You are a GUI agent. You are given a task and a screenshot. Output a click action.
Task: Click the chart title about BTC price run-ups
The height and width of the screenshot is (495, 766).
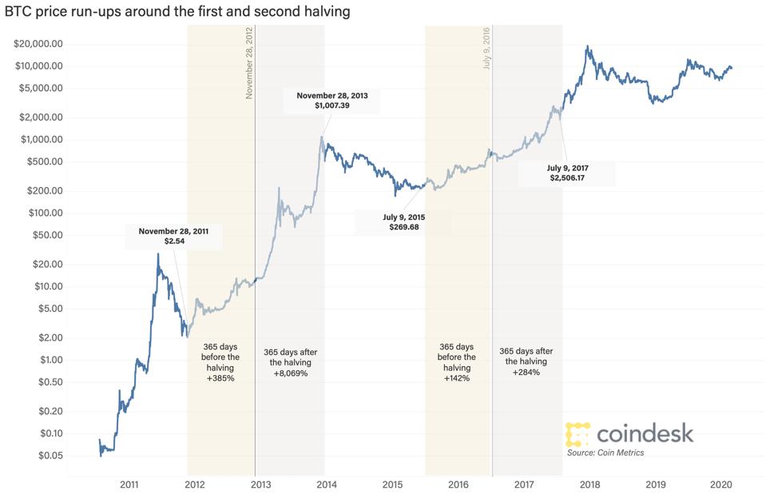(177, 12)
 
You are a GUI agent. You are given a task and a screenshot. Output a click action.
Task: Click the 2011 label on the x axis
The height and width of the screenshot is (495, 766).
(129, 485)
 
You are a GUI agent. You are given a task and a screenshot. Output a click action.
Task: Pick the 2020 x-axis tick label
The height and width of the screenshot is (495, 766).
(721, 485)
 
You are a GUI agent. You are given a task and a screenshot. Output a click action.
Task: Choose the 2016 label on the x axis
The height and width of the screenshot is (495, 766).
(458, 485)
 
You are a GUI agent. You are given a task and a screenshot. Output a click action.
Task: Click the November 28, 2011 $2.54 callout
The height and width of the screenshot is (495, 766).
(173, 237)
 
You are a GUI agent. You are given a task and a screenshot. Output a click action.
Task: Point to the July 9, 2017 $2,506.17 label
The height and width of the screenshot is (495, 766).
(568, 173)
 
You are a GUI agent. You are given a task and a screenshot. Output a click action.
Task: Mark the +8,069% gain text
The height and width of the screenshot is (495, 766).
(289, 373)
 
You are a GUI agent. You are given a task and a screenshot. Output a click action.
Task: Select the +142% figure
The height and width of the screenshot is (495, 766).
(457, 378)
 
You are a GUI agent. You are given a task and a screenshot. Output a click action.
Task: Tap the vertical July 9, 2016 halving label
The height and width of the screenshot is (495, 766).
(486, 48)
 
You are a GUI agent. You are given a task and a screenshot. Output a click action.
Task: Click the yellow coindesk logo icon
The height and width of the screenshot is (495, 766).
(577, 433)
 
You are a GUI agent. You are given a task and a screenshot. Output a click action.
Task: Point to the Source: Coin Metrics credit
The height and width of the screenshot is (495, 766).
(605, 453)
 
